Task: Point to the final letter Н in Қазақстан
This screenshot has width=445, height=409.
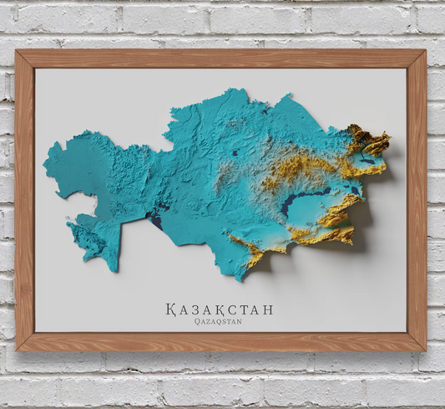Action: pyautogui.click(x=267, y=309)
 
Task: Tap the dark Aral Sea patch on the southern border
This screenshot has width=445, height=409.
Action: pyautogui.click(x=155, y=220)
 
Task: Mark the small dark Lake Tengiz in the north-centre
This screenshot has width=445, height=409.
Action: pyautogui.click(x=236, y=154)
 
